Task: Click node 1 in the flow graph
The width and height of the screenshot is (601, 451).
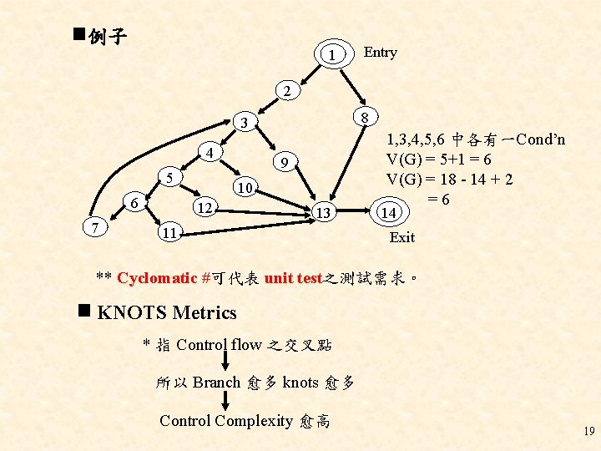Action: [x=332, y=55]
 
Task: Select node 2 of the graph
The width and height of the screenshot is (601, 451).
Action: [x=285, y=90]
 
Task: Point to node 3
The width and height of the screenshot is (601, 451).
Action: [x=243, y=124]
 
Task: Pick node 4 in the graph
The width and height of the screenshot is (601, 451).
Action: [x=213, y=154]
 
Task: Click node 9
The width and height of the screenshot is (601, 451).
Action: [x=284, y=162]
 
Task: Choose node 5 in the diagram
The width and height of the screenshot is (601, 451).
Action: [x=169, y=178]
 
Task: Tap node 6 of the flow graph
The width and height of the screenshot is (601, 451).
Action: [x=134, y=201]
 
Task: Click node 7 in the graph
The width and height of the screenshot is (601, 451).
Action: [x=98, y=226]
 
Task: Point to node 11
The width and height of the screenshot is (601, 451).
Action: [x=169, y=232]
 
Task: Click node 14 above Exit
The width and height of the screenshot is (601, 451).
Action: [x=387, y=212]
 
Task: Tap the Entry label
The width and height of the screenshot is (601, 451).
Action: [x=381, y=53]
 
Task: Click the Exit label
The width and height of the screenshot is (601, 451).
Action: [x=402, y=238]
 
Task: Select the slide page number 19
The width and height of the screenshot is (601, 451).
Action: [x=588, y=432]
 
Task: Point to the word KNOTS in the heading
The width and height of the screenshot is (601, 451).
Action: [x=129, y=313]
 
